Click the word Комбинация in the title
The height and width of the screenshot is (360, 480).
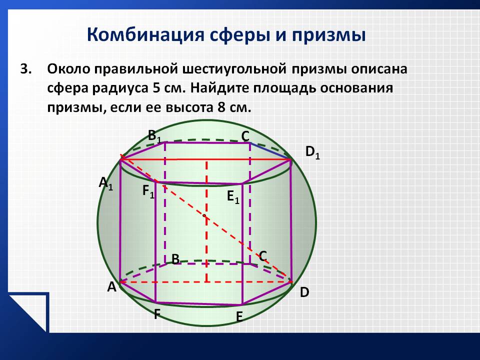coord(145,34)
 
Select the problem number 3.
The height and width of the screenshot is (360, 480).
coord(25,69)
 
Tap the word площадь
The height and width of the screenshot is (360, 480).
coord(284,88)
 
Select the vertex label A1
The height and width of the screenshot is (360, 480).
coord(106,184)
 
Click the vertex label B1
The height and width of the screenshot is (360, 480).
coord(154,135)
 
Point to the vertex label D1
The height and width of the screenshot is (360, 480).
coord(312,153)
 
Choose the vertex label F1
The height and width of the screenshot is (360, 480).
coord(148,192)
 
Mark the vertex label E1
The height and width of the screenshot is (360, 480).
coord(233,197)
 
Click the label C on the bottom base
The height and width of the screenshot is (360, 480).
coord(262,256)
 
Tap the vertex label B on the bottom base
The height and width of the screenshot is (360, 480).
coord(175,259)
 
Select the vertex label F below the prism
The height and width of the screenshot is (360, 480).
coord(156,314)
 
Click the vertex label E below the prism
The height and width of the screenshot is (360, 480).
coord(239,316)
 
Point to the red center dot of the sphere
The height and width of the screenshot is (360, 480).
coord(204,216)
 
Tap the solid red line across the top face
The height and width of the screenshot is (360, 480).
coord(205,159)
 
